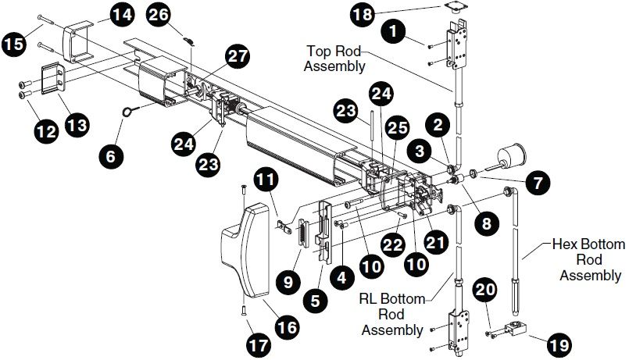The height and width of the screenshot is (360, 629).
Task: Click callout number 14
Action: point(120,14)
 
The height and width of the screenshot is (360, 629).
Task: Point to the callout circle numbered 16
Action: point(288,327)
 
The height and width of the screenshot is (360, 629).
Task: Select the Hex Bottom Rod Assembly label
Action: point(590,260)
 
